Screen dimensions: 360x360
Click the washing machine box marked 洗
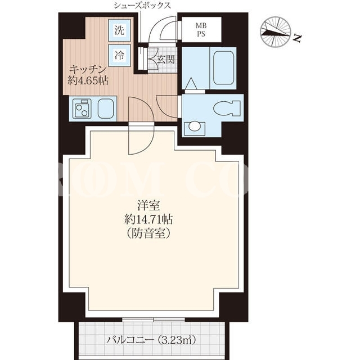click(119, 30)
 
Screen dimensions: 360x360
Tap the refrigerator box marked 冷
click(119, 55)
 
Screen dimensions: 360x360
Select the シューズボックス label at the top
click(142, 5)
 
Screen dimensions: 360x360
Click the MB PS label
click(201, 30)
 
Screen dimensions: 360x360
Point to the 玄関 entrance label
click(166, 60)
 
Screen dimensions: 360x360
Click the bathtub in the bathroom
click(223, 68)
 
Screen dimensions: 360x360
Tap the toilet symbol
click(227, 108)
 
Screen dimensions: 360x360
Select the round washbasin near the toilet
click(194, 126)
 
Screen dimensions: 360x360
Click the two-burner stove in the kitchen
click(82, 109)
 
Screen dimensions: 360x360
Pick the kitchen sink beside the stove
click(106, 109)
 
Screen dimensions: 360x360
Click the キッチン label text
click(88, 69)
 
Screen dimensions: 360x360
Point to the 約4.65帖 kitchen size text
click(88, 80)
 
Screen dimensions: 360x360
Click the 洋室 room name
click(148, 205)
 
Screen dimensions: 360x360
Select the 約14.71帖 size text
click(148, 219)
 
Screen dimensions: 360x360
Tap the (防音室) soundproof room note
click(148, 233)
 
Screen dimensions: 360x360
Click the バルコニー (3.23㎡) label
click(151, 340)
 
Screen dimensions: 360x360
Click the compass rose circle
click(276, 32)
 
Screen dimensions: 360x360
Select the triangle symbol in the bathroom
click(191, 84)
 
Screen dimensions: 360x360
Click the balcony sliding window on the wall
click(154, 319)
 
